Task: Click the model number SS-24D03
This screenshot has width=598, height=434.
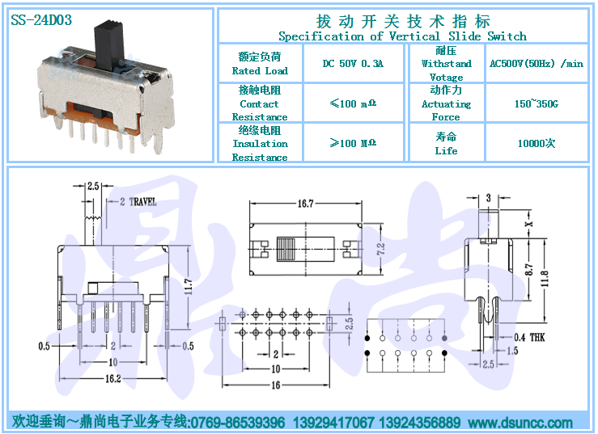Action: click(41, 20)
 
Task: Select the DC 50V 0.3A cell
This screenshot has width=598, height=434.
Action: click(353, 63)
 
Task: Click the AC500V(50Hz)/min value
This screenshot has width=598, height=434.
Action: click(537, 63)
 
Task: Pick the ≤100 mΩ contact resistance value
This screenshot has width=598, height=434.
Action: click(353, 103)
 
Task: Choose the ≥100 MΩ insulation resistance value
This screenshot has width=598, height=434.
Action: click(353, 143)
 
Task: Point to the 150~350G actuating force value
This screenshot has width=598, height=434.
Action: click(537, 103)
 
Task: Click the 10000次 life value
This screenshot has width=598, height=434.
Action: click(537, 143)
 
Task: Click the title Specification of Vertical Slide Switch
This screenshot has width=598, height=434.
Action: click(402, 36)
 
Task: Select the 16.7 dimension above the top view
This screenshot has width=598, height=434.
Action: click(306, 204)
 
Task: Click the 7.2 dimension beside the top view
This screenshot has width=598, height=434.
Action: click(380, 249)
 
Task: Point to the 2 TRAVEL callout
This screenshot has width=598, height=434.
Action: click(138, 201)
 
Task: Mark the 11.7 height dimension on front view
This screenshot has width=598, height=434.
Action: click(188, 286)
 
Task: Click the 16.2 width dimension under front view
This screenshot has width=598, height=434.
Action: click(113, 378)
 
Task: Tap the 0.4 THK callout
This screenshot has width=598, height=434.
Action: click(529, 337)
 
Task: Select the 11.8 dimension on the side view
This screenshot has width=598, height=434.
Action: click(545, 279)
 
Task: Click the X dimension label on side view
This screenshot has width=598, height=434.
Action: click(528, 224)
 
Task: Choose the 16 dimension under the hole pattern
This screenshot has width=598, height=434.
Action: click(276, 386)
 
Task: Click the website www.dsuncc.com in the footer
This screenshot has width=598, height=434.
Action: click(520, 422)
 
